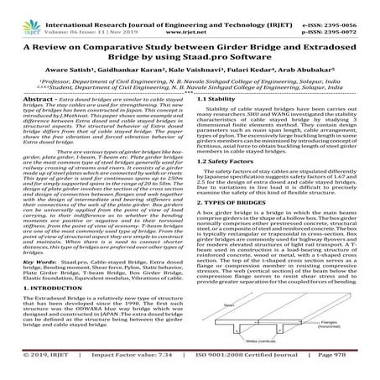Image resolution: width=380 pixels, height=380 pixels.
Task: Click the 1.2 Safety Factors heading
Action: point(226,182)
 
